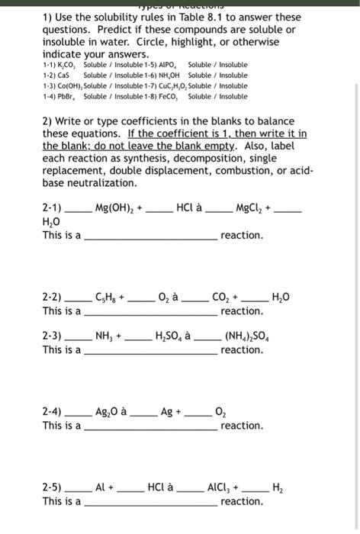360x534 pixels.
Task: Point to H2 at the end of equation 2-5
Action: coord(276,487)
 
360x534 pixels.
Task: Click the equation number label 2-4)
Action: coord(53,411)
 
